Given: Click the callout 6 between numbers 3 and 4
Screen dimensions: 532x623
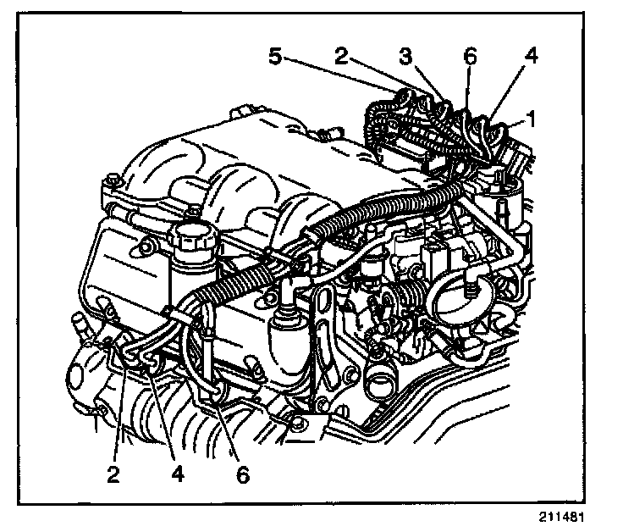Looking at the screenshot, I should (471, 58).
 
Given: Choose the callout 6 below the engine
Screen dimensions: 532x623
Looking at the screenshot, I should (243, 475).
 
